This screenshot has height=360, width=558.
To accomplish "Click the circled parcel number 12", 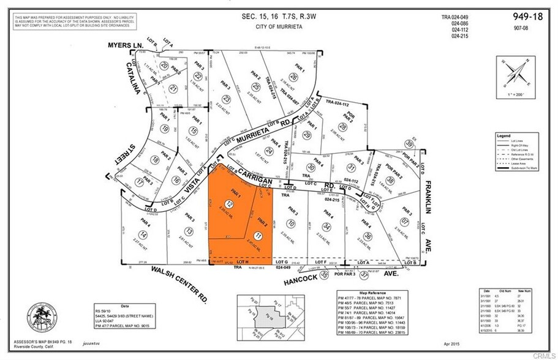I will tap(229, 204).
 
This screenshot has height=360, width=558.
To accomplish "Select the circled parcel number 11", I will tap(258, 236).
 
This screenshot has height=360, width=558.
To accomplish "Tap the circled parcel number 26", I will tap(294, 77).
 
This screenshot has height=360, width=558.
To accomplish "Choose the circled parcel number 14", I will tap(143, 235).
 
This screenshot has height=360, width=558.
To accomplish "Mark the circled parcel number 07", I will tap(404, 221).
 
